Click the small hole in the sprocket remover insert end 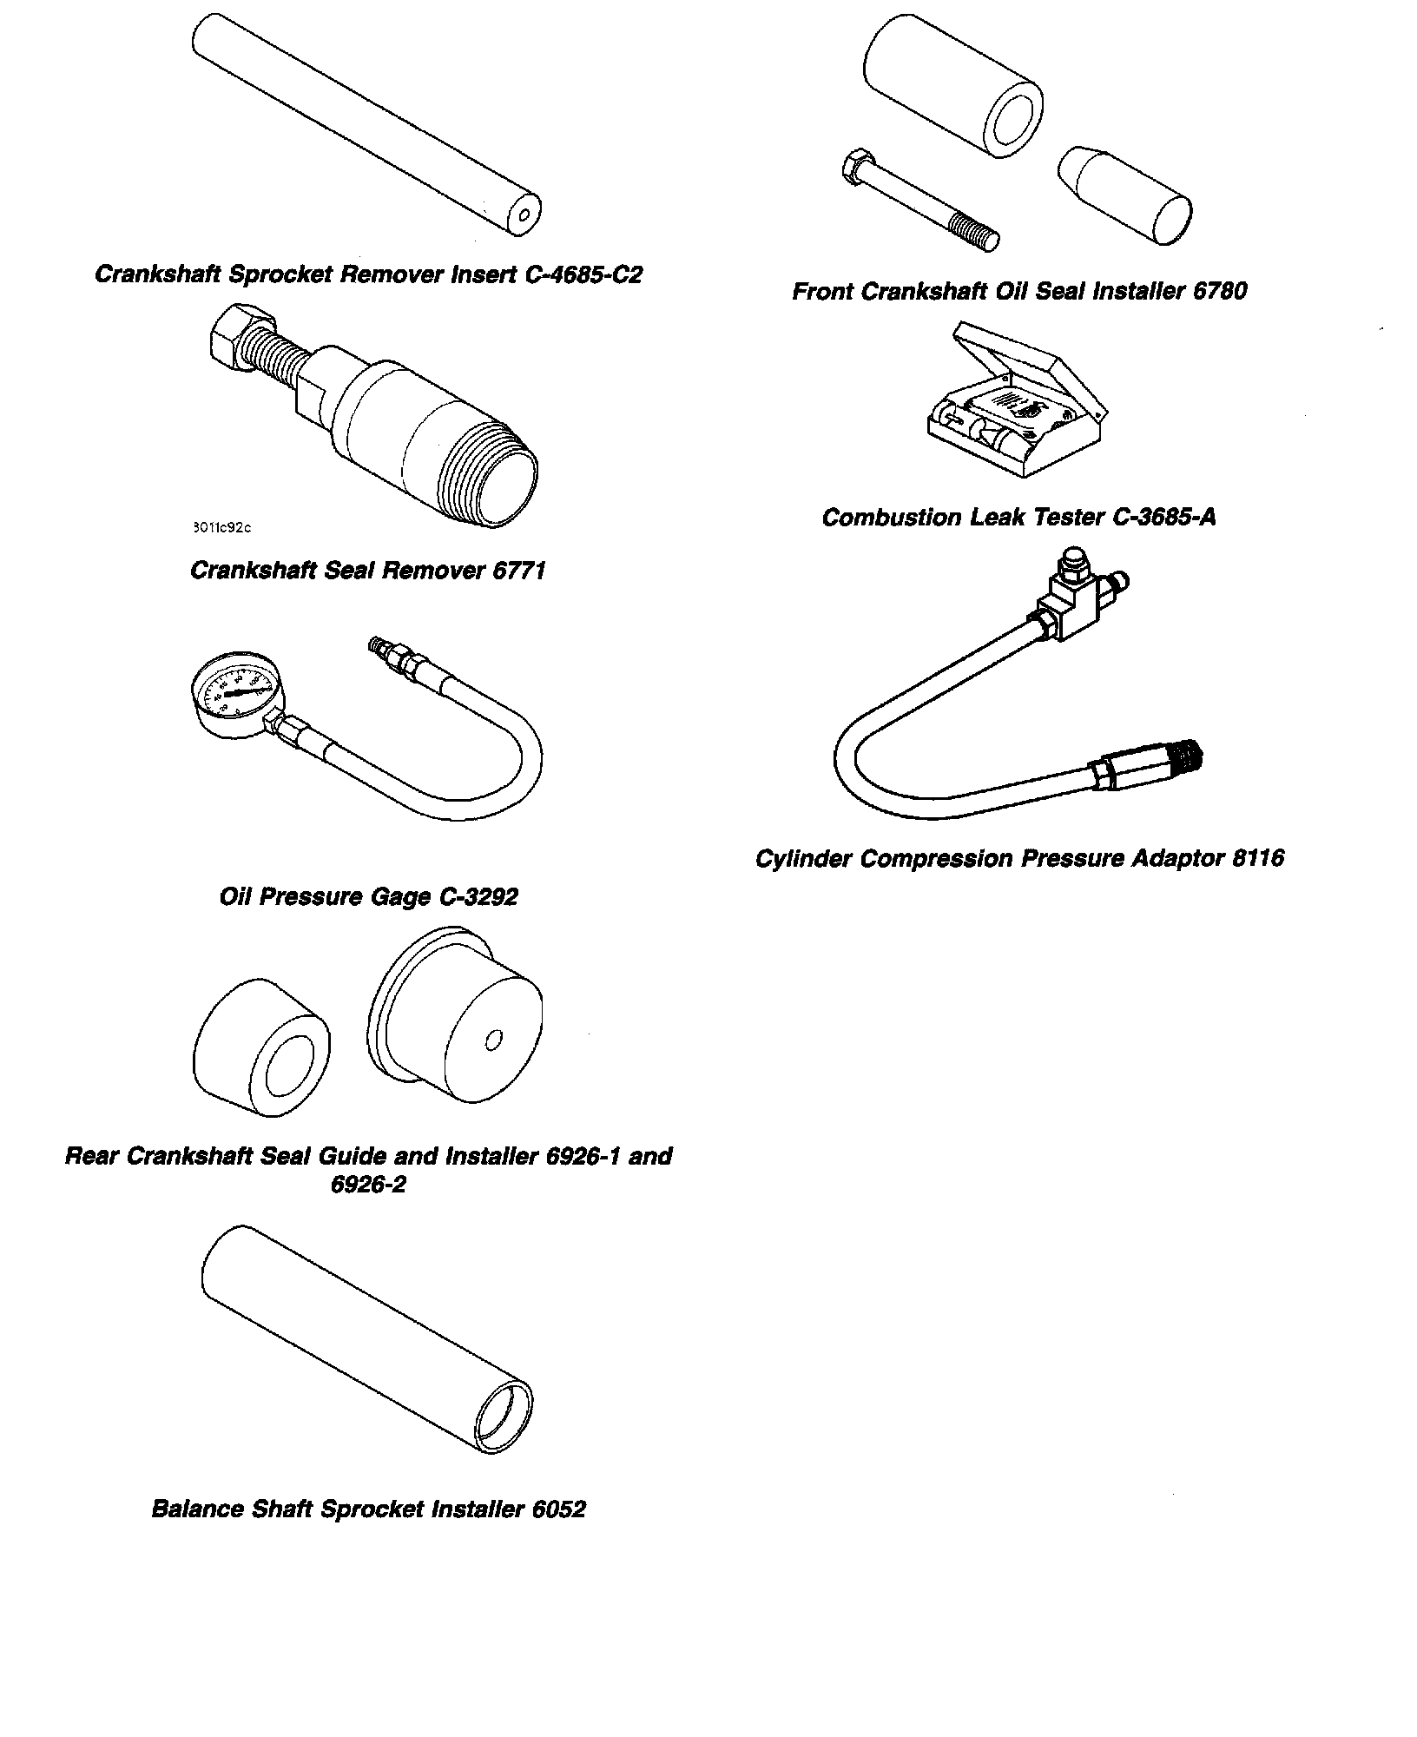click(524, 215)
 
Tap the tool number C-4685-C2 click(583, 274)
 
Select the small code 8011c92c click(221, 527)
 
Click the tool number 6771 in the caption click(517, 571)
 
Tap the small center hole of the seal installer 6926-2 click(494, 1039)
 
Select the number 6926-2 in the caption click(368, 1185)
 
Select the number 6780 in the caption click(1219, 291)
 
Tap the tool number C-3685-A click(1163, 518)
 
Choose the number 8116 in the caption click(1258, 859)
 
